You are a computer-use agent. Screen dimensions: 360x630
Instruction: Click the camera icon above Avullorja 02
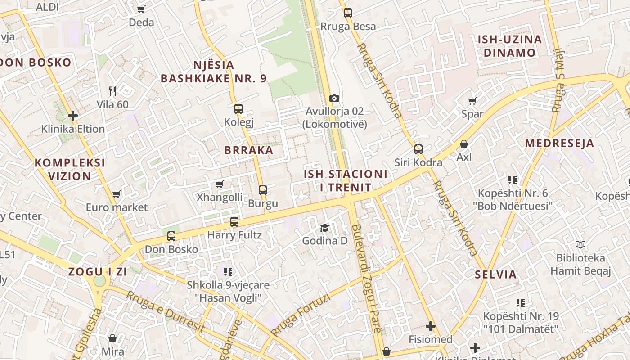[334, 98]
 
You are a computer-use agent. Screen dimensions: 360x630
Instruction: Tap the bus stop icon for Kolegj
[238, 108]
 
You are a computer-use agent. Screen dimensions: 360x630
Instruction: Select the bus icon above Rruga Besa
[347, 13]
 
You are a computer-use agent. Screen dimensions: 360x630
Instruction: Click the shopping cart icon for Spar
[472, 101]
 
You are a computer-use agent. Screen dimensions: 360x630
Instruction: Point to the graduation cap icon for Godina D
[324, 228]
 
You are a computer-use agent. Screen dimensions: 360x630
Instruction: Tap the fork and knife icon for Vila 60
[112, 91]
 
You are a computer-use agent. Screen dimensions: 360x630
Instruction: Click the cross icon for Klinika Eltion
[73, 116]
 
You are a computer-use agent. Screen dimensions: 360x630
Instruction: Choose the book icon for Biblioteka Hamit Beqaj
[580, 245]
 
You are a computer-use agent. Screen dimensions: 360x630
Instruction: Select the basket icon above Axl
[463, 144]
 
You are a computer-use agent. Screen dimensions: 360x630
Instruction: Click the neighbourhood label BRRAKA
[249, 150]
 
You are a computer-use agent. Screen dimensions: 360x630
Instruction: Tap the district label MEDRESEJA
[560, 144]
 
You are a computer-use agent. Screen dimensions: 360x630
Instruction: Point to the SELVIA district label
[496, 274]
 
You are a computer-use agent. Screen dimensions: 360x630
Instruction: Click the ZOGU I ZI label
[98, 272]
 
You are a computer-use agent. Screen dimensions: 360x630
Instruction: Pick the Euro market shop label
[117, 207]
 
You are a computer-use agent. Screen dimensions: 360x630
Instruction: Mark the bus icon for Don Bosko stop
[171, 236]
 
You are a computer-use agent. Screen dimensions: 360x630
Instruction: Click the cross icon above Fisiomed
[431, 326]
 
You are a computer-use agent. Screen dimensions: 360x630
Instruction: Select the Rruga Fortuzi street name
[300, 315]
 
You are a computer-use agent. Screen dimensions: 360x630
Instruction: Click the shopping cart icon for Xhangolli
[220, 184]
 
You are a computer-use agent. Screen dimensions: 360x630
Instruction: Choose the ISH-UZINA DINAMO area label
[510, 46]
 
